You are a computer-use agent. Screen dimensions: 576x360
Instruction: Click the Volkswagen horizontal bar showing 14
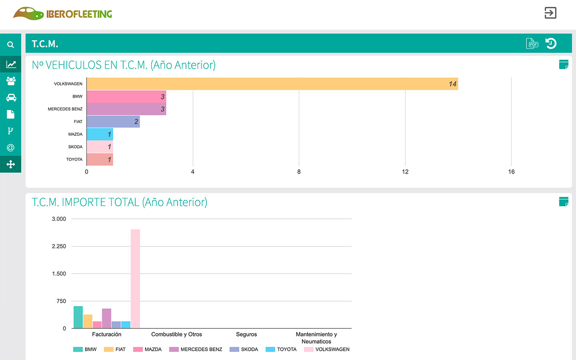pos(272,84)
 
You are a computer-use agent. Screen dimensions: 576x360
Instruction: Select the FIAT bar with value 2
pos(113,122)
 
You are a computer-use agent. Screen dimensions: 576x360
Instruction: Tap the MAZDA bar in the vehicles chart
pos(100,134)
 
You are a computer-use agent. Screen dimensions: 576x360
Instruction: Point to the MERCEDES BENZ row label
pos(65,109)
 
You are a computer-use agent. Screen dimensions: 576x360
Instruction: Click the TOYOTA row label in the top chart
pos(74,160)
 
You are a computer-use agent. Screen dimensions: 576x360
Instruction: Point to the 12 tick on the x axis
pos(405,172)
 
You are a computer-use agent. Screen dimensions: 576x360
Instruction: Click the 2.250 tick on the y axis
pos(59,246)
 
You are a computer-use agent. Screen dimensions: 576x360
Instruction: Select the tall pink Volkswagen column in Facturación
pos(135,279)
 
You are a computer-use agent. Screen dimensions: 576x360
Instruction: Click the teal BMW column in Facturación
pos(78,317)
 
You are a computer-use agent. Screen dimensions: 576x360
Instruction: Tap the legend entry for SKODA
pos(244,349)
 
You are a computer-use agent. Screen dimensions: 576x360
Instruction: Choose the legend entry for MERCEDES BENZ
pos(196,349)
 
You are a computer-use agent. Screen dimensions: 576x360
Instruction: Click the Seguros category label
pos(246,334)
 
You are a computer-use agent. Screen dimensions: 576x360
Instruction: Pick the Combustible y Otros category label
pos(176,334)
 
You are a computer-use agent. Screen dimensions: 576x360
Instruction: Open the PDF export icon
pos(532,44)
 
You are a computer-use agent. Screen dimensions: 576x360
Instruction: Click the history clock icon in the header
pos(551,44)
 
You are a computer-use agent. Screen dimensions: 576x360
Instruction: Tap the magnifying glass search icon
pos(10,45)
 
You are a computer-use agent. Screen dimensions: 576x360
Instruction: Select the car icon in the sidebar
pos(11,98)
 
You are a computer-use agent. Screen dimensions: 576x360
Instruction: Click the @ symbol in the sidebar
pos(10,148)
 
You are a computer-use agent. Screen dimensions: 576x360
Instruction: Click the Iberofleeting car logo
pos(28,14)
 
